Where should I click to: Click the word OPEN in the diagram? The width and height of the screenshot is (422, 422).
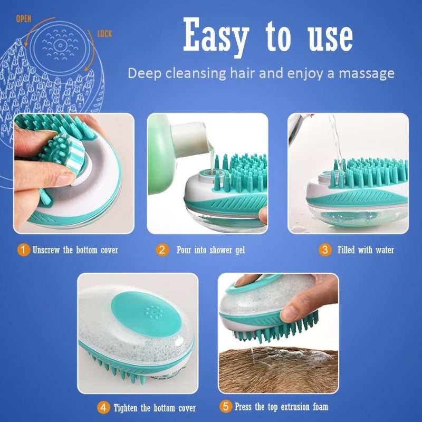[24, 19]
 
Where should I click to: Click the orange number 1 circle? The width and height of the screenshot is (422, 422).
[23, 250]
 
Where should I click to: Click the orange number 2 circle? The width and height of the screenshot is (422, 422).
[162, 250]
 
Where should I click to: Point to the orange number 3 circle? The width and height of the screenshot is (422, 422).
[325, 250]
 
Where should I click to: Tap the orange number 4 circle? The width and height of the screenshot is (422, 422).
[103, 407]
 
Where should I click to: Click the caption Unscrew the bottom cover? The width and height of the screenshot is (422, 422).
[75, 250]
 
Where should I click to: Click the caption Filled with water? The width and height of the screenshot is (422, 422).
[366, 250]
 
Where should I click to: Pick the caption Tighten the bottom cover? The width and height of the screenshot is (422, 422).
[154, 407]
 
